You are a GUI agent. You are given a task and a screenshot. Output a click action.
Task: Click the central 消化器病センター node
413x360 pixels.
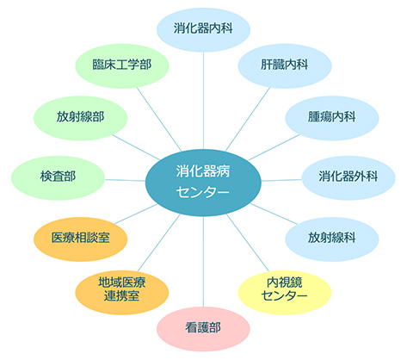pos(203,183)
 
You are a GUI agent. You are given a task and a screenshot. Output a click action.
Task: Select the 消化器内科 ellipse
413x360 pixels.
pos(203,29)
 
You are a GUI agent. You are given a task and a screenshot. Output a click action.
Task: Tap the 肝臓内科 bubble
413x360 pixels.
pos(285,65)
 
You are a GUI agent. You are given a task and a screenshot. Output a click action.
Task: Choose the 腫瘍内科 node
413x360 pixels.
pos(332,118)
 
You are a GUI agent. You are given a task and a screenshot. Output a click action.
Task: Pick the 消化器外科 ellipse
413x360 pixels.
pos(348,177)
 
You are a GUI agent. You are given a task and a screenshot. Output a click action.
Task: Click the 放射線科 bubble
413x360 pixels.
pos(332,239)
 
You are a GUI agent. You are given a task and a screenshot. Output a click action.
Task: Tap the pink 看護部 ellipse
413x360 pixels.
pos(203,329)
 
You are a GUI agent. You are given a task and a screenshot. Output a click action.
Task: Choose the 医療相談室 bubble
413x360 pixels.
pos(81,239)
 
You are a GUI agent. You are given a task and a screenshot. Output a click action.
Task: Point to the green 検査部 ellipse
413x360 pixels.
pos(58,177)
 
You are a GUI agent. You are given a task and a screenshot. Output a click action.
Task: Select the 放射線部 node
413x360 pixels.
pos(81,118)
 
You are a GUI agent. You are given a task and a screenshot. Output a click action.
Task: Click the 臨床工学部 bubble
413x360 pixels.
pos(122,65)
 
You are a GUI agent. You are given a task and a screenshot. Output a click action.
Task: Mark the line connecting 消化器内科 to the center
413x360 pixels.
pos(203,101)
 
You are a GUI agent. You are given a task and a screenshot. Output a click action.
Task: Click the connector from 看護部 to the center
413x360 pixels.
pos(203,262)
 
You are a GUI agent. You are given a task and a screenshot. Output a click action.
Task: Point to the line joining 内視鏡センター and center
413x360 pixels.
pos(248,243)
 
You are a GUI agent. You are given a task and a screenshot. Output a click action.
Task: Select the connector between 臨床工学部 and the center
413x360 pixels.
pos(159,120)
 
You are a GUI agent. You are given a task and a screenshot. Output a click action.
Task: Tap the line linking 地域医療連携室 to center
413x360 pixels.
pos(159,243)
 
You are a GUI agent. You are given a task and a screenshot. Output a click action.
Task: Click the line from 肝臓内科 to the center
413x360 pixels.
pos(248,119)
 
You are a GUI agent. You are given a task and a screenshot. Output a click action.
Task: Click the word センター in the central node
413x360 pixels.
pos(203,192)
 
